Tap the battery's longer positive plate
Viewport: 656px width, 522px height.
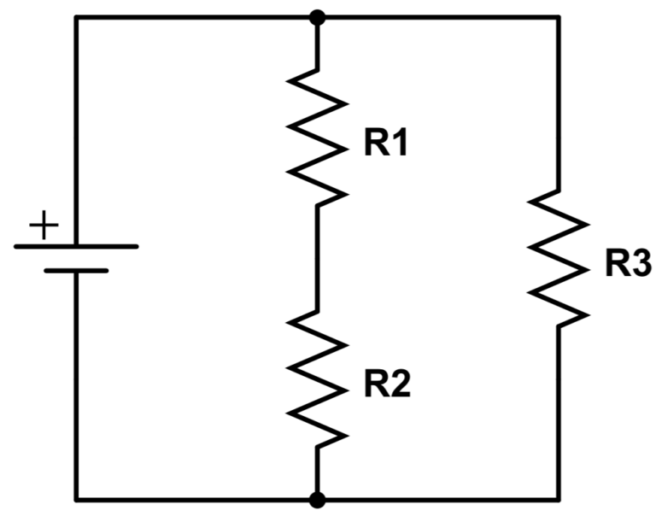[76, 246]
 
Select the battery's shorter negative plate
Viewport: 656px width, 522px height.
[76, 271]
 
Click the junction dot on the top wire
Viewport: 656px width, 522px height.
[317, 16]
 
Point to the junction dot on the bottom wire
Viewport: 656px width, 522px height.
[317, 499]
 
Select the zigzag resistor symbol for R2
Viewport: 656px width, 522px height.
[317, 376]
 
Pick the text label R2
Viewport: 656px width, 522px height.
[387, 386]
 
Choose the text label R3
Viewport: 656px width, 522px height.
[629, 266]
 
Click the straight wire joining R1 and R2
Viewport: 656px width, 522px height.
[317, 256]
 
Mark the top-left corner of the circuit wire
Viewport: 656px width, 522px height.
[76, 16]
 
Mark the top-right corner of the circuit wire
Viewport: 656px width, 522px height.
[559, 16]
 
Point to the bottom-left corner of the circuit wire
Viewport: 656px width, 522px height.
[76, 499]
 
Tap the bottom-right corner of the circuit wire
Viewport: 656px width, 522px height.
[559, 499]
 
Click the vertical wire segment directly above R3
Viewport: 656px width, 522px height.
[559, 103]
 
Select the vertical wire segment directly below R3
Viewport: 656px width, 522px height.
[559, 410]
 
